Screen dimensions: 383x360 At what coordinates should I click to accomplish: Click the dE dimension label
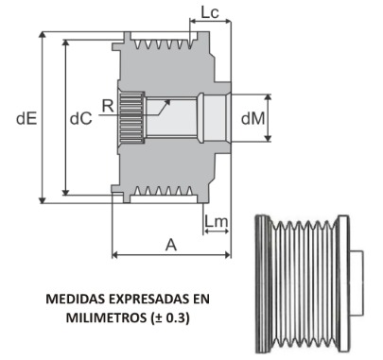click(x=26, y=119)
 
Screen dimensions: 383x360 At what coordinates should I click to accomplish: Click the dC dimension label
click(x=81, y=118)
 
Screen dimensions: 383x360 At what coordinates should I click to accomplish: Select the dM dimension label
click(x=253, y=118)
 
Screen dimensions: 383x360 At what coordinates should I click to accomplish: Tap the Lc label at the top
click(x=210, y=12)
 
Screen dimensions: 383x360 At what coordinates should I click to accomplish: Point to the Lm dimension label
click(x=217, y=221)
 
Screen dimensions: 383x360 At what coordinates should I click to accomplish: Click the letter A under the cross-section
click(x=171, y=245)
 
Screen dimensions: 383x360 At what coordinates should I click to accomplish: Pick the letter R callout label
click(x=108, y=106)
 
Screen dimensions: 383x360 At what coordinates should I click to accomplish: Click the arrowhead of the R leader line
click(x=167, y=103)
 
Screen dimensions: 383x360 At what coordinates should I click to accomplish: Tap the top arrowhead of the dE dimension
click(x=43, y=35)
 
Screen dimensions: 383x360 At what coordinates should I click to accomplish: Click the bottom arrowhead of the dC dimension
click(x=65, y=192)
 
